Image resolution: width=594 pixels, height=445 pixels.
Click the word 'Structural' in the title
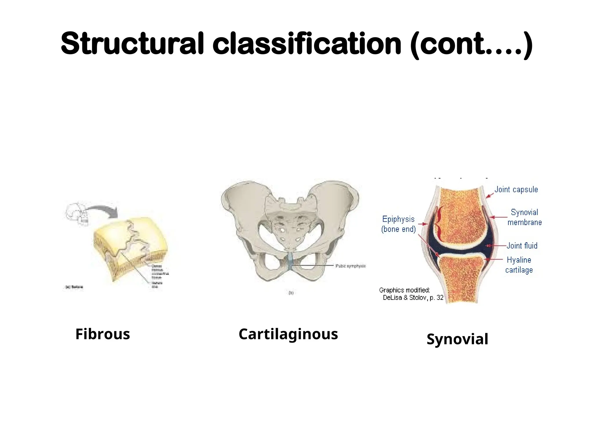[x=132, y=43]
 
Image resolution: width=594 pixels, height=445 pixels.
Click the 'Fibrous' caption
[x=103, y=334]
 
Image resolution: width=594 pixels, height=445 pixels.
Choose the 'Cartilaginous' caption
[x=288, y=334]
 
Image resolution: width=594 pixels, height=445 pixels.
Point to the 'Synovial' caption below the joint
[x=457, y=339]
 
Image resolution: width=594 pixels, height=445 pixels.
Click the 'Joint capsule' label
[x=516, y=189]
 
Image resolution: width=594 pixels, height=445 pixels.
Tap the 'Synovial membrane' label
[x=524, y=217]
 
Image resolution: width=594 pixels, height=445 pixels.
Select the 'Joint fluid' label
[x=522, y=246]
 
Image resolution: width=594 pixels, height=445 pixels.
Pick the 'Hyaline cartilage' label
[x=519, y=265]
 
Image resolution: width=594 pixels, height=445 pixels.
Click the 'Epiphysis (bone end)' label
[x=399, y=224]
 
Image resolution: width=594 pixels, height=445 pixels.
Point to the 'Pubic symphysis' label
[x=350, y=266]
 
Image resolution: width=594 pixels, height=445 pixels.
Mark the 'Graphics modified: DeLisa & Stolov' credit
[x=411, y=294]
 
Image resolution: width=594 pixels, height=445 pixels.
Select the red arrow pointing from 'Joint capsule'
[x=490, y=196]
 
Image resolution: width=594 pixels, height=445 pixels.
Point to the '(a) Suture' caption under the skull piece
[x=74, y=287]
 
